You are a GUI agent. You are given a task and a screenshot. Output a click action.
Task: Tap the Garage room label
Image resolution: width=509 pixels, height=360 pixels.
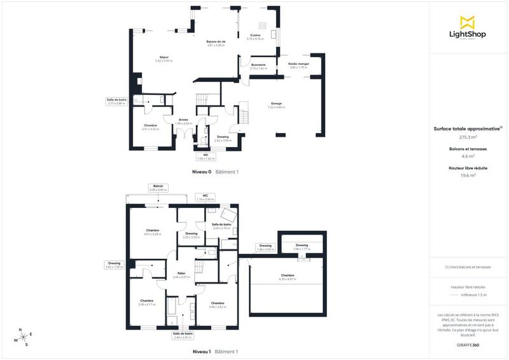coord(276,104)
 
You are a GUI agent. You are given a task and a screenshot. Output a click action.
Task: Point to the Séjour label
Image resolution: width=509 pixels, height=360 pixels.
coord(164,58)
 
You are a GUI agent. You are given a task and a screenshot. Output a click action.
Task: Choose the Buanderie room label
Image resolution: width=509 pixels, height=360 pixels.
coord(258,65)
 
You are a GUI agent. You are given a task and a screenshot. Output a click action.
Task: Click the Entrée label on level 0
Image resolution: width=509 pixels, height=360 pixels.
coord(183,120)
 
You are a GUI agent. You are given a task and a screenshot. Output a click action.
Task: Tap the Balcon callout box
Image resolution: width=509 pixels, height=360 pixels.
coord(158,188)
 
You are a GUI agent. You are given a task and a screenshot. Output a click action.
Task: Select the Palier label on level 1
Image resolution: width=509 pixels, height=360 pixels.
coord(181,273)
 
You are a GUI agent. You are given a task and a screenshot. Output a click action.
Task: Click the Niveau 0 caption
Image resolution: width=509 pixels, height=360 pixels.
coord(202,172)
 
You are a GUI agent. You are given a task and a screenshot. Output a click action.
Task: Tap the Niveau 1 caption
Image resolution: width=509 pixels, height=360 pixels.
coord(202,351)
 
